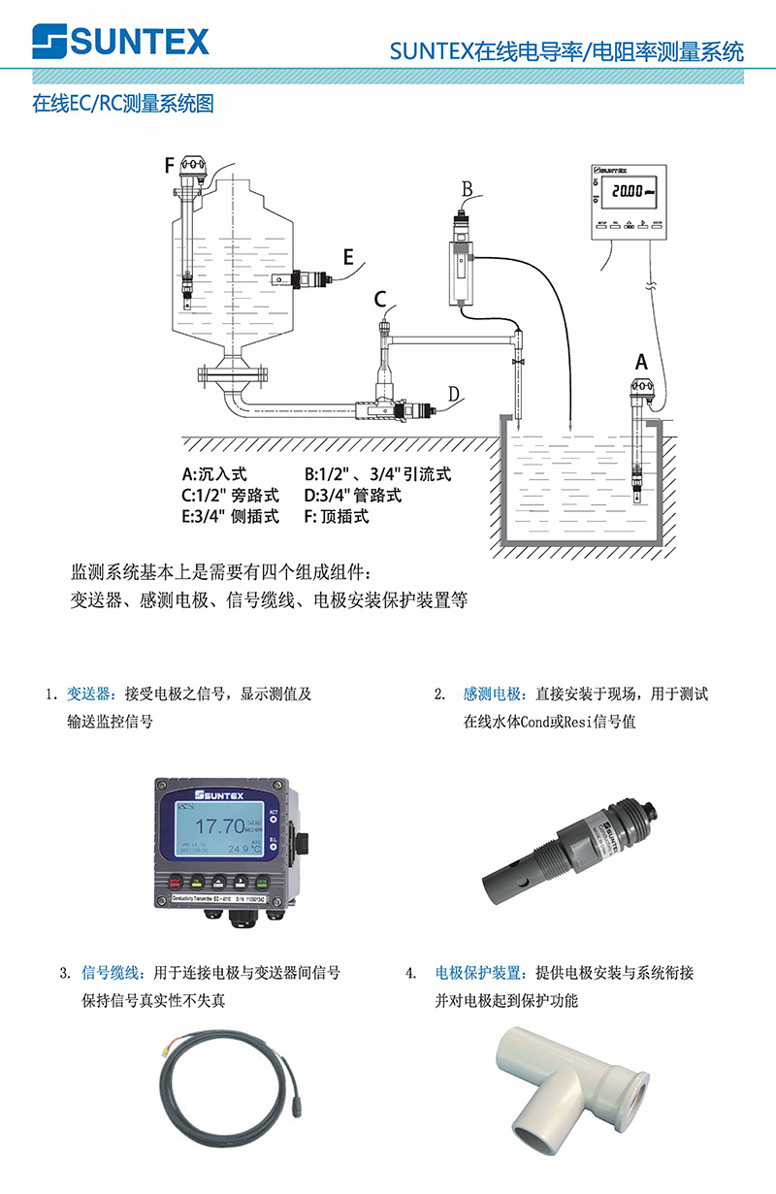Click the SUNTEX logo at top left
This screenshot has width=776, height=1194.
120,42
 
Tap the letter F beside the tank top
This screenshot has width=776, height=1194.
170,166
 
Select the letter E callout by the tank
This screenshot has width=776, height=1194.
347,257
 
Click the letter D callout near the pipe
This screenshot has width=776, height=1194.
453,393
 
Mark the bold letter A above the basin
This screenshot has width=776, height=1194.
641,362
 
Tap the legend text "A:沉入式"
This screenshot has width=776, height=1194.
215,474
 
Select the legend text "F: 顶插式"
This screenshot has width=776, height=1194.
337,516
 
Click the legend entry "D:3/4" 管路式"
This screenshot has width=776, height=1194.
353,496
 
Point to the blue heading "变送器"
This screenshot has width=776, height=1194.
90,694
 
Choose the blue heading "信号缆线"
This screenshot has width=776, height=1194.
114,973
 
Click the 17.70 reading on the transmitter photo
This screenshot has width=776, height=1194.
220,826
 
